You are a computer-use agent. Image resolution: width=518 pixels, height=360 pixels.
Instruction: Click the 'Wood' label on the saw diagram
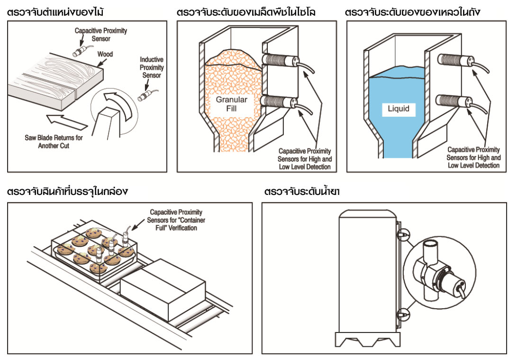[x=105, y=55]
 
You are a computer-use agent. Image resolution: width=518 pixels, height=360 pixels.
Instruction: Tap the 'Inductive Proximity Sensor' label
[x=151, y=67]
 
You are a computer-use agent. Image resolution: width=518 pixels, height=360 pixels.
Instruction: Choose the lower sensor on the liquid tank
[x=453, y=101]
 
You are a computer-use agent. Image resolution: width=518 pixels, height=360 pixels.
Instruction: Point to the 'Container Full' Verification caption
[x=173, y=220]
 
